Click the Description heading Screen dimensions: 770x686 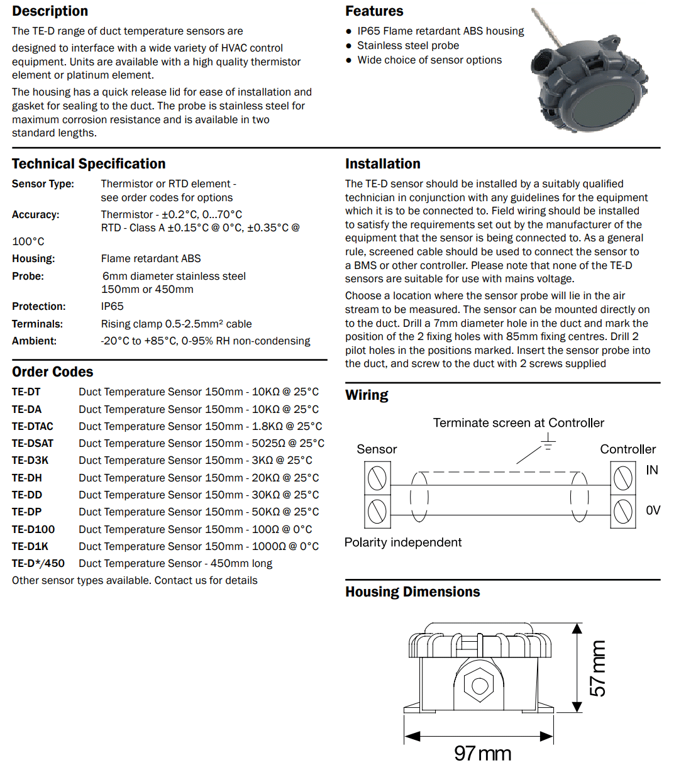pos(50,11)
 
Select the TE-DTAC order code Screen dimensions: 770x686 pos(33,426)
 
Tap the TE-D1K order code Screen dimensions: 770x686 pos(30,546)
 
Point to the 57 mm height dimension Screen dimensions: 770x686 pos(598,668)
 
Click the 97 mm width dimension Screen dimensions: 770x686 pos(482,753)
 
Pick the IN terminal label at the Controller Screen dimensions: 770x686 pos(652,470)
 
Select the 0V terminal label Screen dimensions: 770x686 pos(653,510)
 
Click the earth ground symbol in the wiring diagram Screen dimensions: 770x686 pos(548,441)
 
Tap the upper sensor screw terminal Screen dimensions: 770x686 pos(377,478)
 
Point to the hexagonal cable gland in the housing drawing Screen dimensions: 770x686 pos(479,685)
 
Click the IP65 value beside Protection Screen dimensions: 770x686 pos(113,306)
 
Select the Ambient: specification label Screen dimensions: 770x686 pos(34,341)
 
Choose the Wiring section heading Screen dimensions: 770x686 pos(367,395)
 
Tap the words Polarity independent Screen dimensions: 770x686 pos(403,542)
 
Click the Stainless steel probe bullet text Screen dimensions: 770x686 pos(408,45)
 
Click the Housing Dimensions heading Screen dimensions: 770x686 pos(412,592)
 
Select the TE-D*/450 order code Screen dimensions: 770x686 pos(38,563)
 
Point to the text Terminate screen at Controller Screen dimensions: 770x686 pos(518,423)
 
